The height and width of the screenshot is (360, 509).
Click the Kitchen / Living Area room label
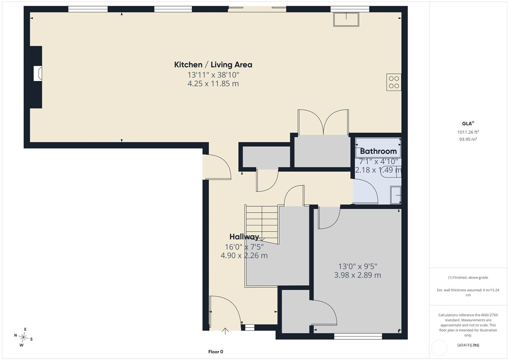pos(213,65)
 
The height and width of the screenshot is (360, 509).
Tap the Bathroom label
pos(378,151)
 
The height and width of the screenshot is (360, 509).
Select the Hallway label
pos(244,237)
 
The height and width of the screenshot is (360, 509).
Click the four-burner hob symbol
pos(394,82)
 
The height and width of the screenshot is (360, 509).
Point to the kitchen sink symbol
pos(346,19)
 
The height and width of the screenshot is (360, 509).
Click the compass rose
pos(23,337)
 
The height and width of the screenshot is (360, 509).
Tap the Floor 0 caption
pos(216,352)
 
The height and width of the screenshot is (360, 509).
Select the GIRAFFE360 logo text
pos(468,345)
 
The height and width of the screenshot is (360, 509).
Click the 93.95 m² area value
pos(468,139)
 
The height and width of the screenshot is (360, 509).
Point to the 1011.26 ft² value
pos(468,132)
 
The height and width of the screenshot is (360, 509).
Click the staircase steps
pos(262,224)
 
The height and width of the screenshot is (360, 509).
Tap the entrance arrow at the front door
pos(225,331)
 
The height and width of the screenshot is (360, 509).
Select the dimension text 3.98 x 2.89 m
pos(358,275)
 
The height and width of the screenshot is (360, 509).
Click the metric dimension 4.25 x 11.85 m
pos(213,84)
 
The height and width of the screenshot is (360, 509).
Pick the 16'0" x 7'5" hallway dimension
pos(244,247)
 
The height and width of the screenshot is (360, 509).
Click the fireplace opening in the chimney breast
pos(38,74)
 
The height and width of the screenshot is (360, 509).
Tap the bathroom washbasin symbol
pos(396,195)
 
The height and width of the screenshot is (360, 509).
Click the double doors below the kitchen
pos(323,122)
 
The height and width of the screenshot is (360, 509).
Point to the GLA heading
pos(468,123)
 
